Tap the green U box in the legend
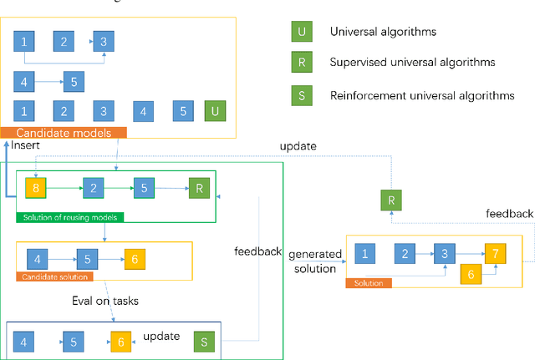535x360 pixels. pyautogui.click(x=301, y=33)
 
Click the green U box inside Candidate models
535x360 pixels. pyautogui.click(x=215, y=111)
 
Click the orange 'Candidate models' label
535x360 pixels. pyautogui.click(x=64, y=133)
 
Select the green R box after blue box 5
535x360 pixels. pyautogui.click(x=199, y=189)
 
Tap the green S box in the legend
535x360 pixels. pyautogui.click(x=301, y=95)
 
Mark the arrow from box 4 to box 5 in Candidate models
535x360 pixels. pyautogui.click(x=50, y=82)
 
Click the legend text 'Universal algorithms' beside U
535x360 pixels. pyautogui.click(x=385, y=33)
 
